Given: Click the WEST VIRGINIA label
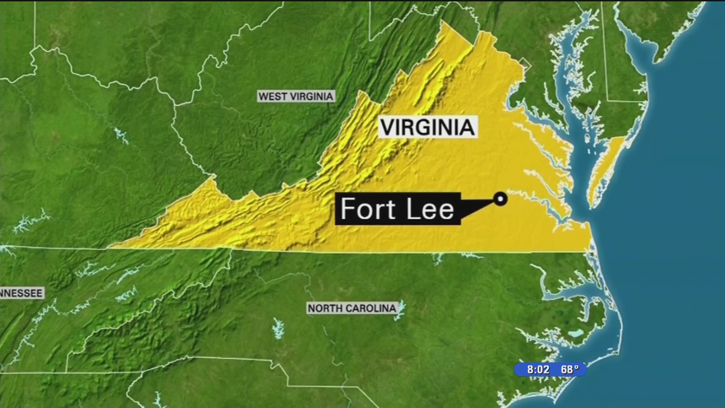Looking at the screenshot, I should click(296, 96).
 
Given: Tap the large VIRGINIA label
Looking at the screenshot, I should click(427, 127).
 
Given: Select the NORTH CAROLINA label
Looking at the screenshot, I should click(352, 308).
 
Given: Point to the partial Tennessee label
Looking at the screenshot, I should click(22, 293).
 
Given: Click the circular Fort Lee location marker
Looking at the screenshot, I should click(501, 199).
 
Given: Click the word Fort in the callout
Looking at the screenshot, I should click(367, 209).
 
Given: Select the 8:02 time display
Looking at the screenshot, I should click(538, 369).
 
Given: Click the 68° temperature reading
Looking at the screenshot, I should click(569, 369).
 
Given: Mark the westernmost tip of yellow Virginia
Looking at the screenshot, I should click(110, 247).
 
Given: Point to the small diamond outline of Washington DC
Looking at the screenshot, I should click(524, 65).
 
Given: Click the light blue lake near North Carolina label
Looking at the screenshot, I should click(400, 311).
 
